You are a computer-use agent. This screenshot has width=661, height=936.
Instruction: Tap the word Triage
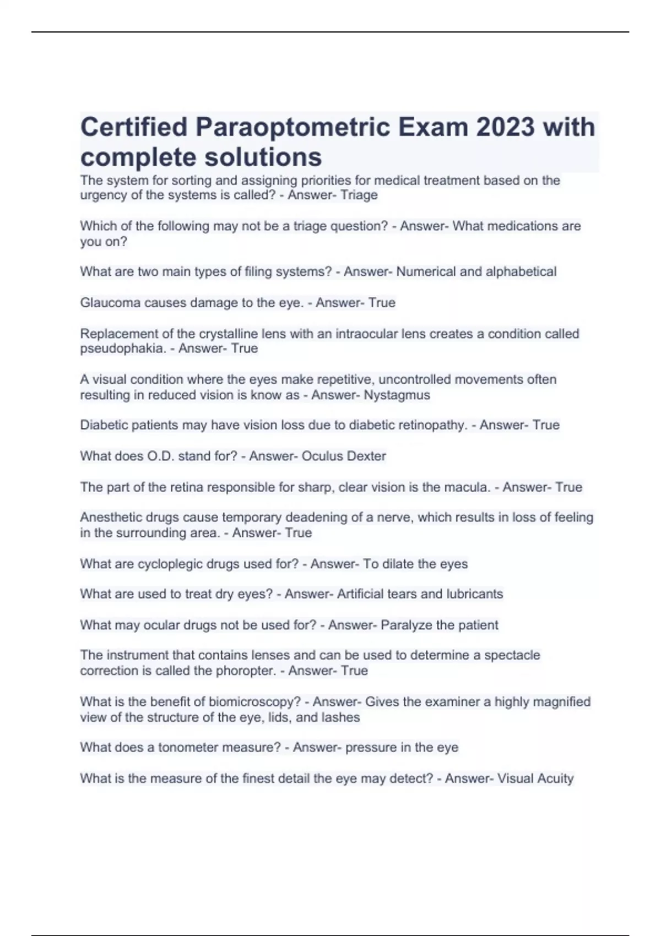[359, 195]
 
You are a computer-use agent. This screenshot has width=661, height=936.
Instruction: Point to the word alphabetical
[521, 271]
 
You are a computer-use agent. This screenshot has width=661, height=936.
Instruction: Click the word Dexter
[365, 456]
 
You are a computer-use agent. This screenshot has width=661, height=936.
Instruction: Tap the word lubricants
[474, 594]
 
